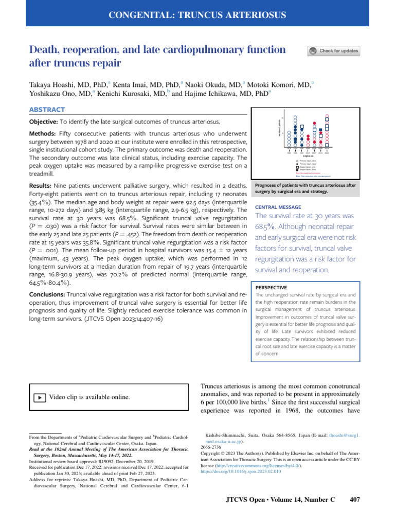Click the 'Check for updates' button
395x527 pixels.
[333, 51]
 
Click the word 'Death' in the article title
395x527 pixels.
[43, 50]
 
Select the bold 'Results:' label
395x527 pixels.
[42, 184]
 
